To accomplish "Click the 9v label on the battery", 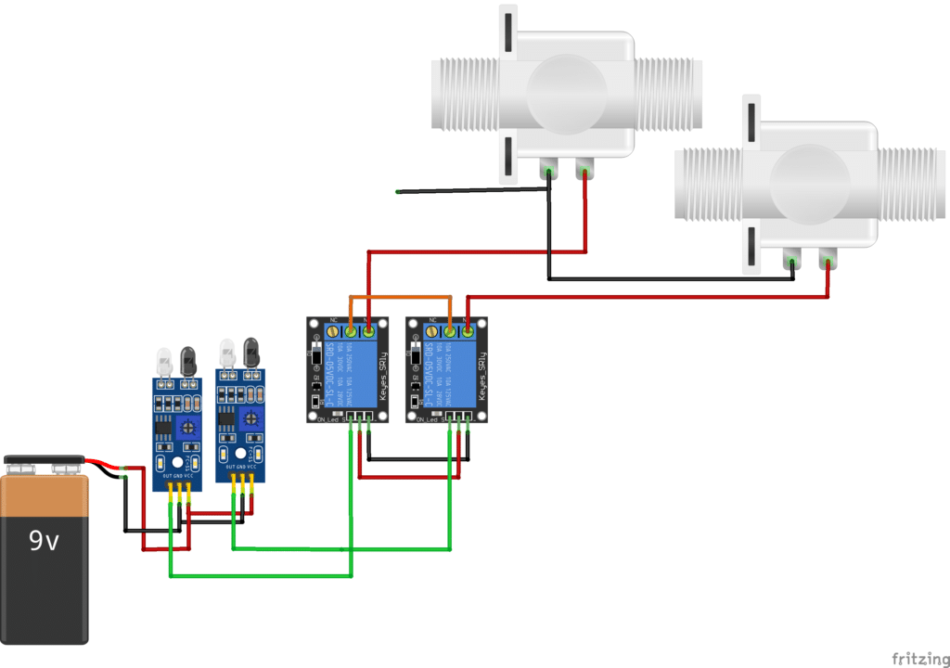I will pos(44,540).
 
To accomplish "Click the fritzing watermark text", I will pos(919,658).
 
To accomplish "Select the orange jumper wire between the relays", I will pos(400,298).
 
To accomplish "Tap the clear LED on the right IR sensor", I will pos(227,353).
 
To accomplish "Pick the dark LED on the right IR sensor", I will pos(250,352).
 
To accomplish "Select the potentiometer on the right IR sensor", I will pos(250,418).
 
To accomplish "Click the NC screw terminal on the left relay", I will pos(333,330).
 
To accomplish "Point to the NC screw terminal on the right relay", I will pos(432,330).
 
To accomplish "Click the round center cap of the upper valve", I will pos(565,89).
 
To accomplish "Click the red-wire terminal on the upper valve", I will pos(584,169).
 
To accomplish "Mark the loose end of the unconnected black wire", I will pos(398,192).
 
